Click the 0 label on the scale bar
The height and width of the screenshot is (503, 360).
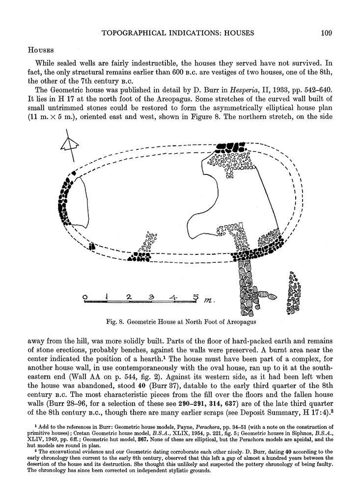pyautogui.click(x=85, y=297)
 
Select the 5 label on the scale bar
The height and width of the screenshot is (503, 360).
pyautogui.click(x=195, y=297)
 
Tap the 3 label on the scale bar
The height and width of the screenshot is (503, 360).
pyautogui.click(x=152, y=297)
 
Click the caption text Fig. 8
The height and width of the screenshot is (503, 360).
pyautogui.click(x=117, y=322)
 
